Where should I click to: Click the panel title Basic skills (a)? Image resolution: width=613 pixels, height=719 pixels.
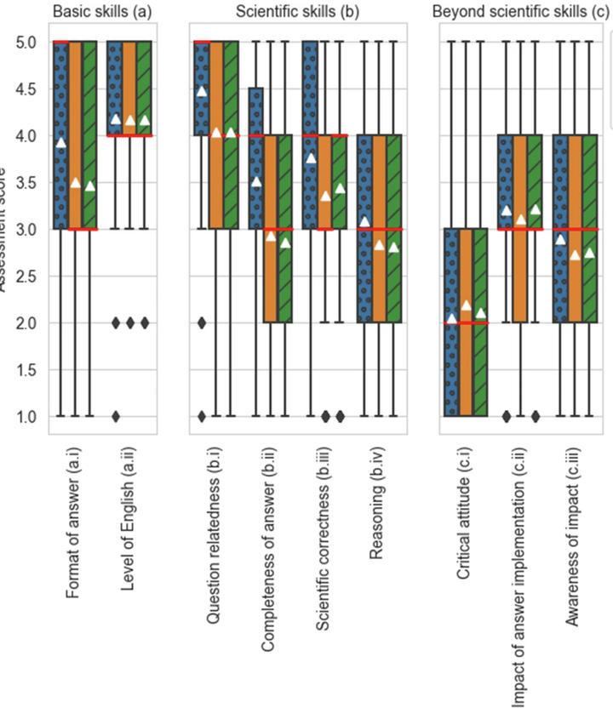click(x=102, y=12)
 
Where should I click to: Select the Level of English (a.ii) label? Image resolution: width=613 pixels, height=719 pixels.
click(x=129, y=519)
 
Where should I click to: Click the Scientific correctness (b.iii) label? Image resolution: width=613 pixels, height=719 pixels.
click(x=322, y=540)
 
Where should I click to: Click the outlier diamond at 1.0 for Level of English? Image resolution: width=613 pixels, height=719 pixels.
click(x=116, y=416)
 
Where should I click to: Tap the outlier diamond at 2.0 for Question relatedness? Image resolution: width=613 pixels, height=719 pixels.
click(x=202, y=322)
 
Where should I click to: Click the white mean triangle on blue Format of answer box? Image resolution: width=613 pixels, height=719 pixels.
click(x=60, y=143)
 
